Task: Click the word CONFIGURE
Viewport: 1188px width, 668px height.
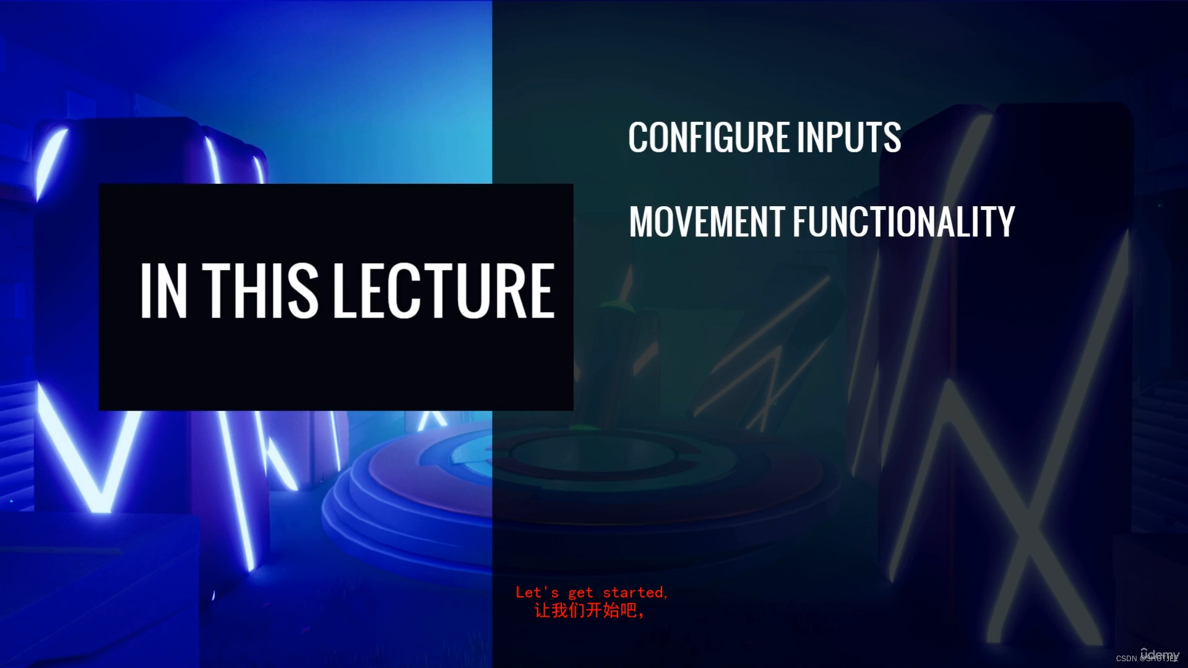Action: (709, 137)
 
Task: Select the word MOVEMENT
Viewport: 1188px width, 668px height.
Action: (707, 222)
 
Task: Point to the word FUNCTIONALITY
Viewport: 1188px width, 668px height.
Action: (903, 222)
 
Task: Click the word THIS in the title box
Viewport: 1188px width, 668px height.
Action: (260, 290)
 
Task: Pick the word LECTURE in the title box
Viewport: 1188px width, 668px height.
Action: (444, 290)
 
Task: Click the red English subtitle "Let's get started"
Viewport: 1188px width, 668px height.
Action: (591, 592)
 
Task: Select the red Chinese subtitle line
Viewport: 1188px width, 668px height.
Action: (589, 611)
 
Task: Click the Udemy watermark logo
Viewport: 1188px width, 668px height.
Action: (1161, 654)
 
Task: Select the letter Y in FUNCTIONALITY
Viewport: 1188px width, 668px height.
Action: (1004, 222)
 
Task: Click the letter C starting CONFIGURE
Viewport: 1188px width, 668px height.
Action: (638, 137)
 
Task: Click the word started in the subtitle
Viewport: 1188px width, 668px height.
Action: (635, 592)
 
